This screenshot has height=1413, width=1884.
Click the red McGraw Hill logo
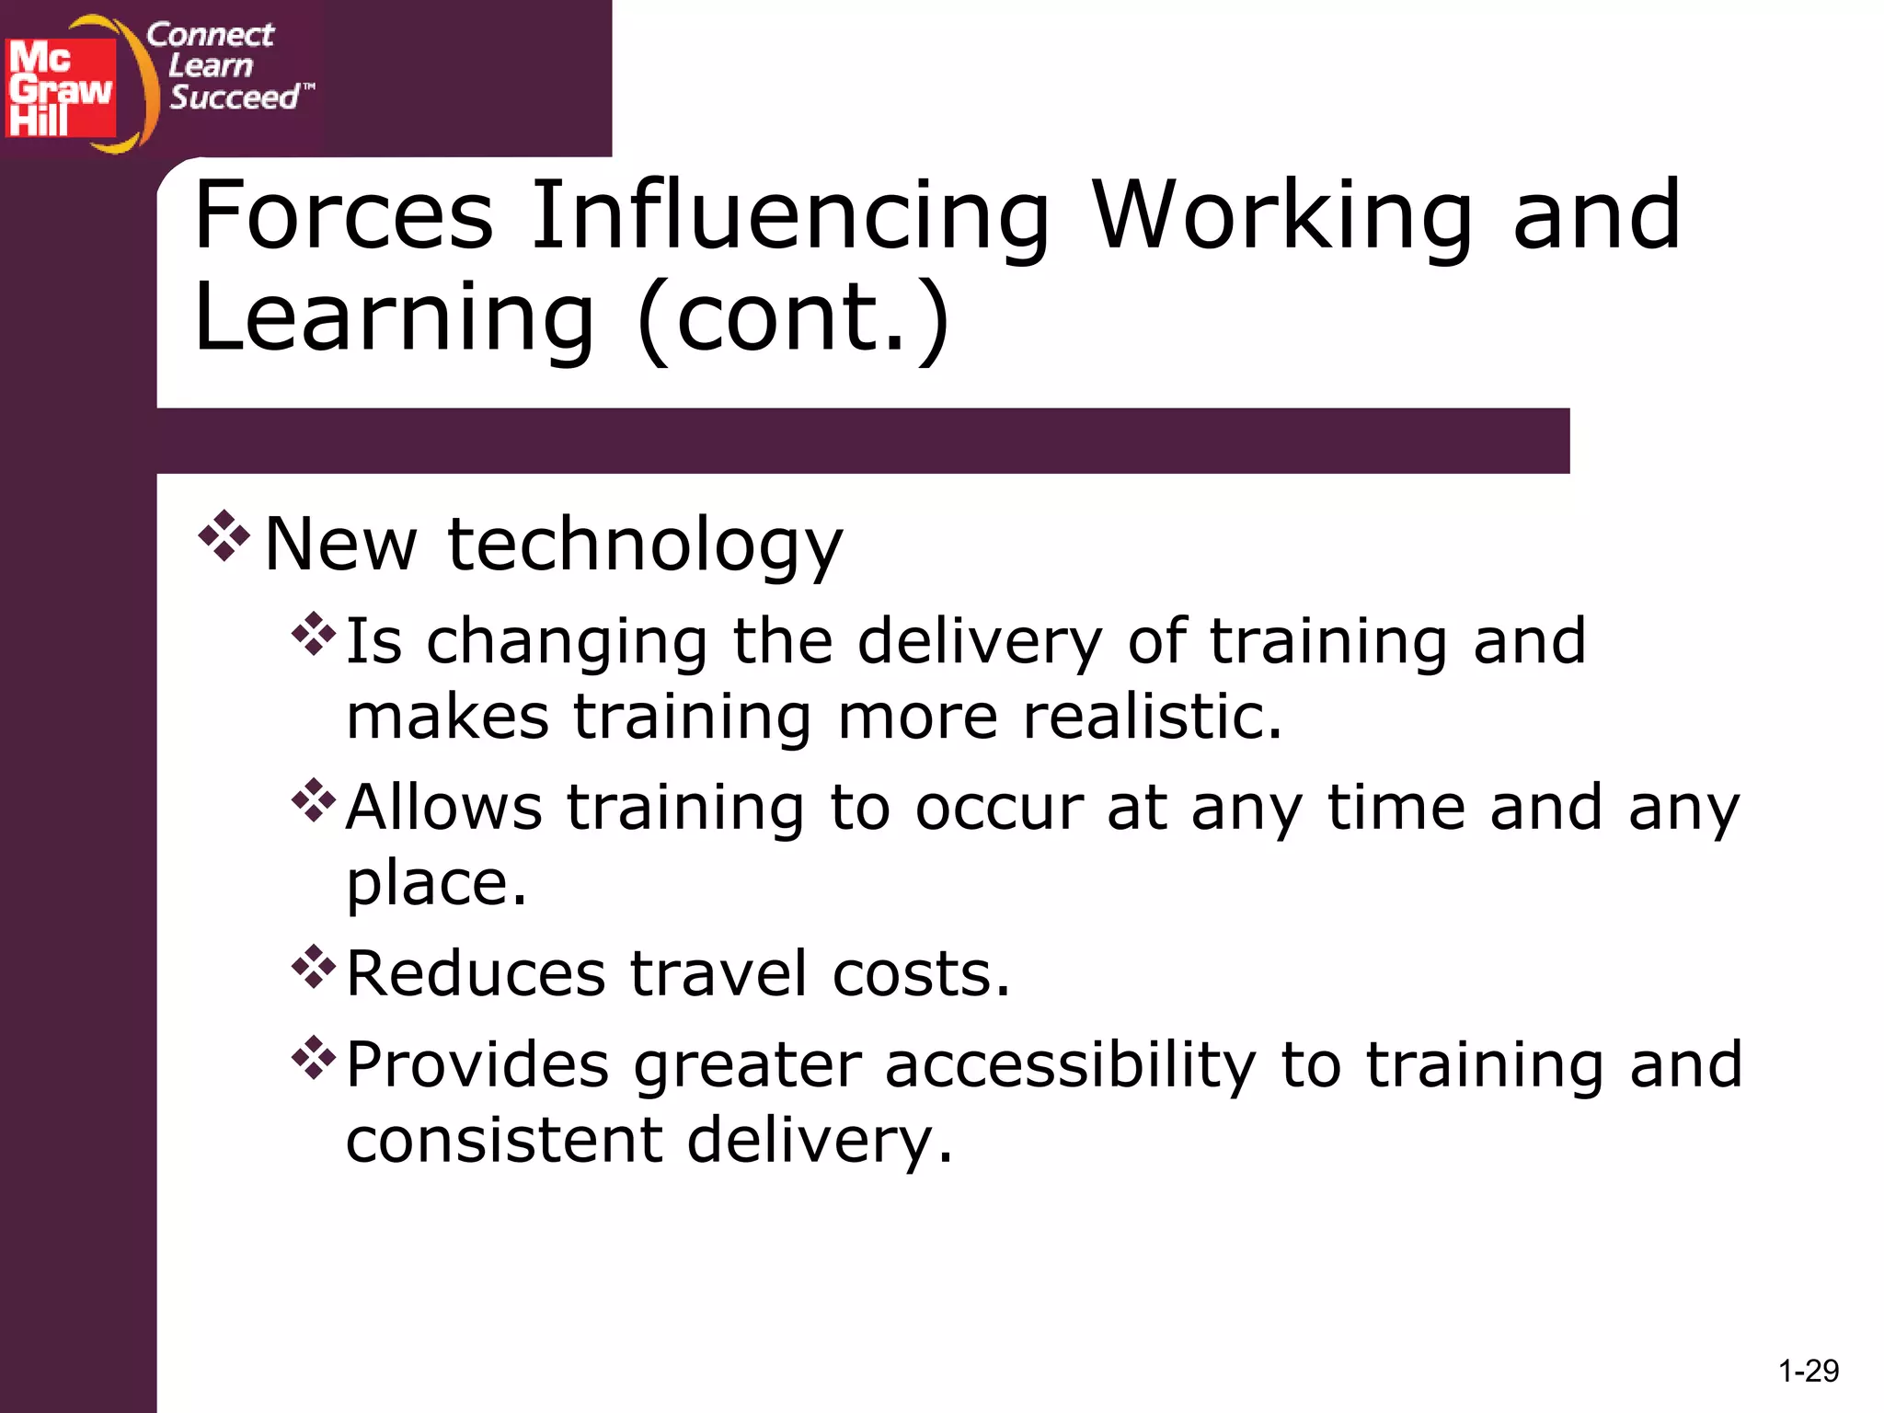pyautogui.click(x=61, y=88)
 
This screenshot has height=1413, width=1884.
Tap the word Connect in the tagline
pyautogui.click(x=210, y=35)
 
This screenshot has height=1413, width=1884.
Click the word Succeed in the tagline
pyautogui.click(x=235, y=97)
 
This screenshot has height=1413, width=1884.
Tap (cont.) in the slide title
pyautogui.click(x=793, y=317)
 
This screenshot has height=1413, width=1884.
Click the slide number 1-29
pyautogui.click(x=1808, y=1372)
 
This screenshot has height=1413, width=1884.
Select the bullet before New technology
pyautogui.click(x=224, y=536)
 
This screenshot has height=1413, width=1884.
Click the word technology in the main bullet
pyautogui.click(x=645, y=546)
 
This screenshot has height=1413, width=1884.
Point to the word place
pyautogui.click(x=436, y=883)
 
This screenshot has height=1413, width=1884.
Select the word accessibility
pyautogui.click(x=1070, y=1066)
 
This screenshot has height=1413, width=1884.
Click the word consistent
pyautogui.click(x=504, y=1140)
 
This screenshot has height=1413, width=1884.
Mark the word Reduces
pyautogui.click(x=476, y=973)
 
